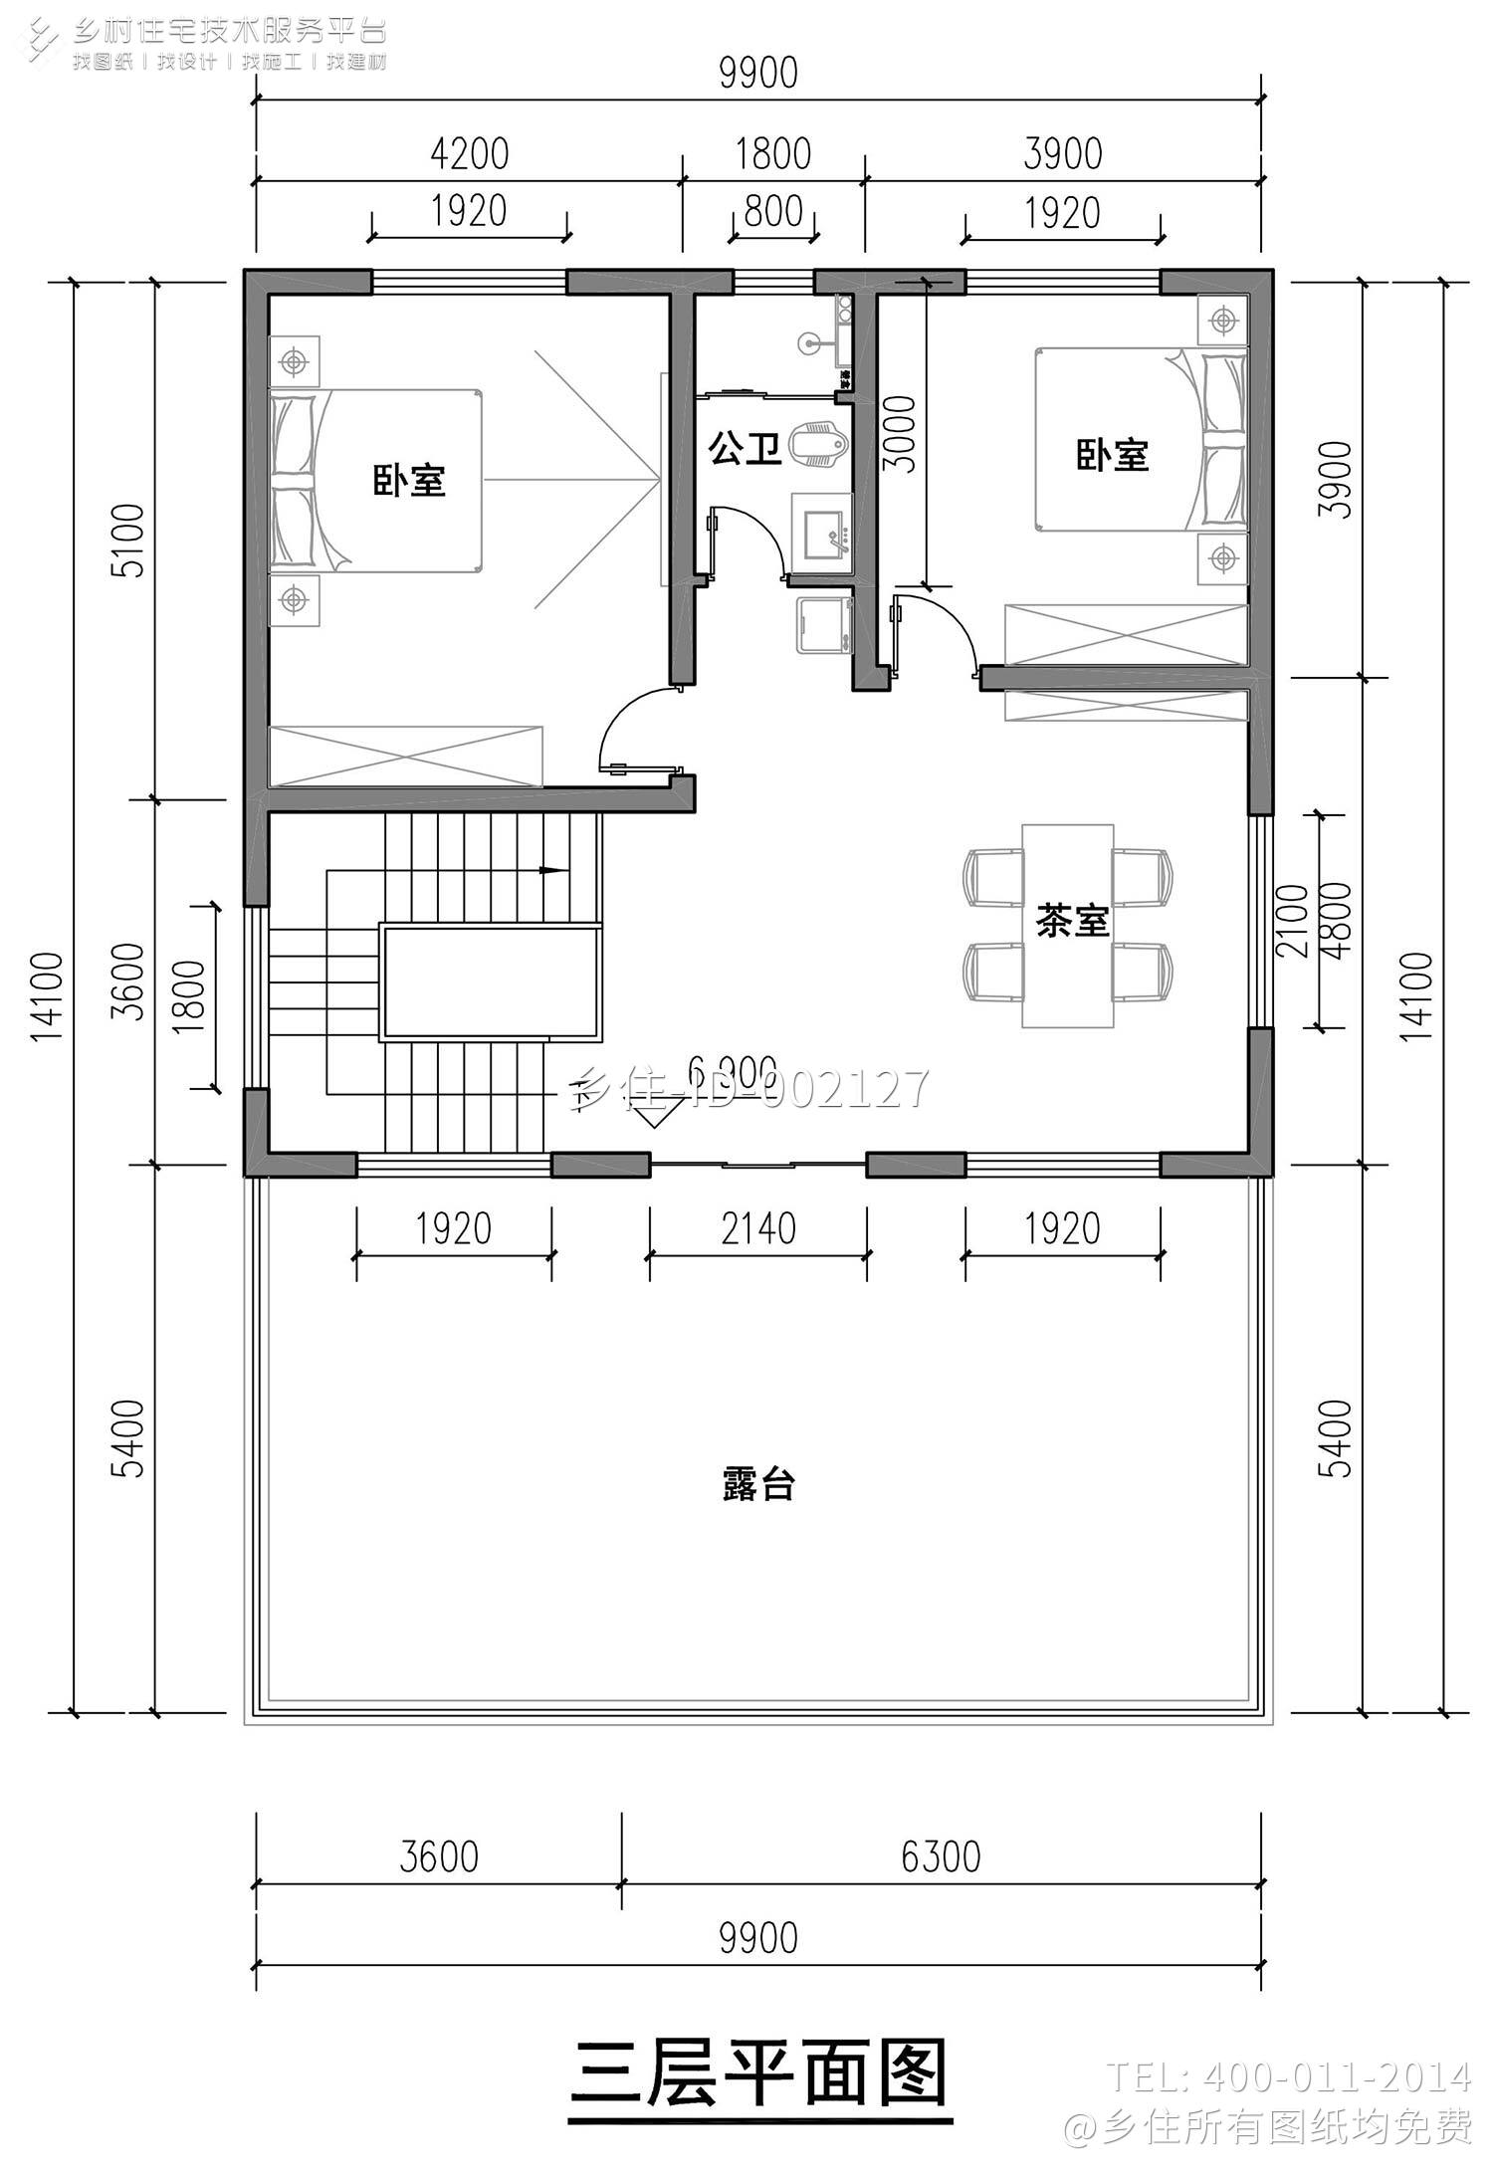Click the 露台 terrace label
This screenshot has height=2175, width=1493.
pyautogui.click(x=757, y=1486)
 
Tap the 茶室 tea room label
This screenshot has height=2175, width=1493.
pyautogui.click(x=1072, y=921)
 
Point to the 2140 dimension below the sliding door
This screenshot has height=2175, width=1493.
pyautogui.click(x=758, y=1229)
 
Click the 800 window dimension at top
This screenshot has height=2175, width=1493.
pyautogui.click(x=773, y=211)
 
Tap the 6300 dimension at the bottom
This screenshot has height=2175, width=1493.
pyautogui.click(x=941, y=1856)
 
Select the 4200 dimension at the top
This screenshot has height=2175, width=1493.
pyautogui.click(x=469, y=154)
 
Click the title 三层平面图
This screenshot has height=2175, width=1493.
pyautogui.click(x=758, y=2072)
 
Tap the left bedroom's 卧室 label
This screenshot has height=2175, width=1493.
pyautogui.click(x=409, y=481)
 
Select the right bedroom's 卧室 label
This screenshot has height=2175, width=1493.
pyautogui.click(x=1112, y=456)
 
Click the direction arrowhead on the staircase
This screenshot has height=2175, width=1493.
pyautogui.click(x=547, y=870)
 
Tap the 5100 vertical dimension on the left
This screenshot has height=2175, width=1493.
pyautogui.click(x=132, y=540)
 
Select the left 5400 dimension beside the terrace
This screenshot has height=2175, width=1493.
pyautogui.click(x=132, y=1438)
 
